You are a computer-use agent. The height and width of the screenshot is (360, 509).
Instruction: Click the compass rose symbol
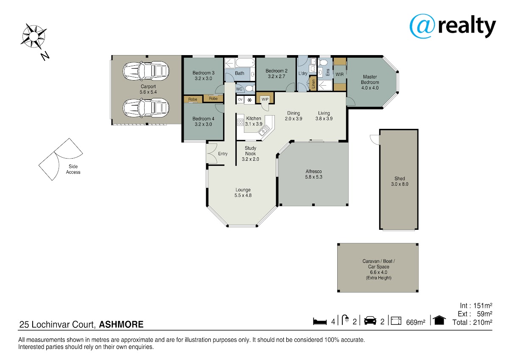[x=34, y=36]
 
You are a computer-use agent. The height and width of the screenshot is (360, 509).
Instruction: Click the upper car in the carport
[x=146, y=71]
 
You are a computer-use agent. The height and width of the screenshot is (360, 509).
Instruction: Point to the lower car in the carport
[x=146, y=108]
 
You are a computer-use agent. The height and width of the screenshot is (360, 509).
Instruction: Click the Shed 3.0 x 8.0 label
[x=400, y=181]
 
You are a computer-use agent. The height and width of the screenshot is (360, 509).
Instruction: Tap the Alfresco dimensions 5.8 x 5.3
[x=313, y=177]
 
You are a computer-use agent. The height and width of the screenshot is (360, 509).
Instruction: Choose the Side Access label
[x=73, y=170]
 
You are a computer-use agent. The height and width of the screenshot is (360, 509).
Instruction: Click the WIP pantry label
[x=265, y=99]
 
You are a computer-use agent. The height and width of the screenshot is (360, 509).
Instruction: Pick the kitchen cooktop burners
[x=240, y=123]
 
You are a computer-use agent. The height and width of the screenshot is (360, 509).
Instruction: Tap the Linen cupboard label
[x=313, y=84]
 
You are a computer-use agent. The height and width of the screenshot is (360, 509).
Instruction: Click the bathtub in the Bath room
[x=246, y=62]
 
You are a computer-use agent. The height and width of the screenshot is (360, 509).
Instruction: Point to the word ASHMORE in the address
[x=121, y=324]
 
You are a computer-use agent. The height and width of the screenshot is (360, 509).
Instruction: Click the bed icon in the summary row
[x=319, y=321]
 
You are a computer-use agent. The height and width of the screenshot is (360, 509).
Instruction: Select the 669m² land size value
[x=416, y=322]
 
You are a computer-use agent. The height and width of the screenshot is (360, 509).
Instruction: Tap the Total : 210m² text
[x=472, y=322]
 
